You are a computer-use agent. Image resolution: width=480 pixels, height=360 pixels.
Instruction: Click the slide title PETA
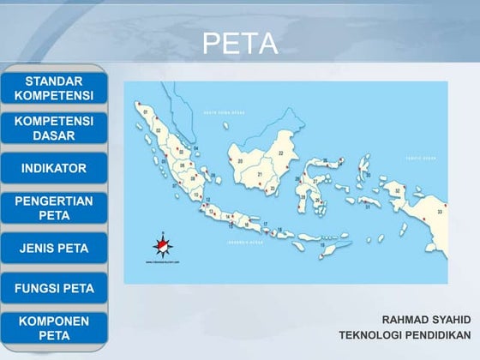point(240,44)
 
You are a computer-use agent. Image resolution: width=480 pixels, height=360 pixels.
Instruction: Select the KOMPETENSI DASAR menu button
point(54,129)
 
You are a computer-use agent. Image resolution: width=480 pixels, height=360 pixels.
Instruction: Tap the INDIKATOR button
point(54,168)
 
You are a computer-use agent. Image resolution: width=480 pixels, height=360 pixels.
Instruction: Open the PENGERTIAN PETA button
point(54,207)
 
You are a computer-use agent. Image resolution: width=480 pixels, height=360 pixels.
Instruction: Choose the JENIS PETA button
point(54,248)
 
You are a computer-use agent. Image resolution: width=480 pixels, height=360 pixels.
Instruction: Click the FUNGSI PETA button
point(54,288)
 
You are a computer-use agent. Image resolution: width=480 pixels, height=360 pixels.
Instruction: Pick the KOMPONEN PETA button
point(54,328)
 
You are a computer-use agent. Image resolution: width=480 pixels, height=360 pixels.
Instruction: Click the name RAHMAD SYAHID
point(426,319)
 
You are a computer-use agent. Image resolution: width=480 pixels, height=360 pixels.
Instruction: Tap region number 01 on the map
point(147,111)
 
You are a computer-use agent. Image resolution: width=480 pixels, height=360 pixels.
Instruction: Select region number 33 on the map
point(441,209)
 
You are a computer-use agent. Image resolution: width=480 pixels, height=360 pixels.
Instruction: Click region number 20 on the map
point(241,160)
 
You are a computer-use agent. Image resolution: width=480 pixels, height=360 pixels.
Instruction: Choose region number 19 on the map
point(322,245)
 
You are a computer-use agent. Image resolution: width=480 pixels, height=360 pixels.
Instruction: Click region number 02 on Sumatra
point(158,130)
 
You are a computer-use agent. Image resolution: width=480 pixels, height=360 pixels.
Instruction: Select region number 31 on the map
point(368,207)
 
